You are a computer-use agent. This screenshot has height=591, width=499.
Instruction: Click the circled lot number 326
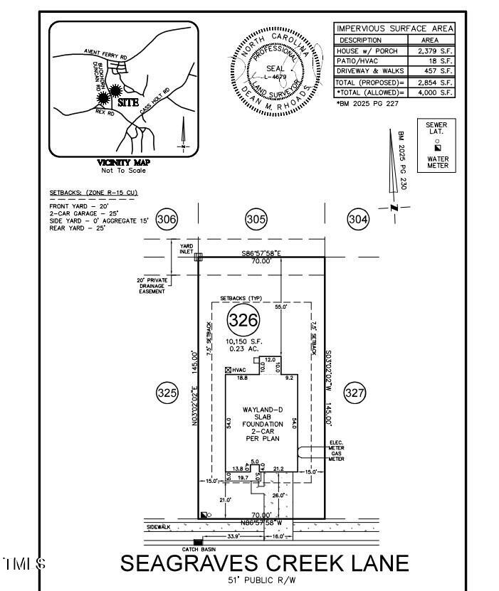242,320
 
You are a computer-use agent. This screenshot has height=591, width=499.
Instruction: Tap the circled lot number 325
167,392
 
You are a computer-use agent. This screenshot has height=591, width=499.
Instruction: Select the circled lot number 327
354,392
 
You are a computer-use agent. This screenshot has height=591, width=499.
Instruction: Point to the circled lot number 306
167,220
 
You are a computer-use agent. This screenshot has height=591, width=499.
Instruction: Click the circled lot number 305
256,220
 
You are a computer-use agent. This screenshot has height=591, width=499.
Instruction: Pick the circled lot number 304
358,220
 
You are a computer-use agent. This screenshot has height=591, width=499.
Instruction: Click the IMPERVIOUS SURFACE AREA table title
395,29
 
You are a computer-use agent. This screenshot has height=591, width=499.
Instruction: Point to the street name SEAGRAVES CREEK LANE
265,563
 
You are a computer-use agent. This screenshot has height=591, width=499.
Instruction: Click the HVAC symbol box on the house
229,371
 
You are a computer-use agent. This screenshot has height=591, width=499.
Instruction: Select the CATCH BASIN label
199,550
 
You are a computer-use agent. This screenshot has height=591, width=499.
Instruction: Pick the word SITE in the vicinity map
127,102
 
